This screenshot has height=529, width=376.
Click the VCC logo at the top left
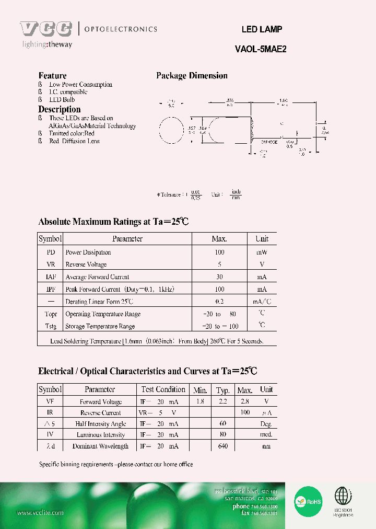(x=46, y=29)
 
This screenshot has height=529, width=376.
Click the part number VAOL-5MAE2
(x=261, y=50)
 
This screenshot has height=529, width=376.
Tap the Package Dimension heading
(x=192, y=76)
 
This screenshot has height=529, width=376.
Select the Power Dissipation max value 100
(x=219, y=252)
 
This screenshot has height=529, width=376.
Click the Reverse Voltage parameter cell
(x=86, y=265)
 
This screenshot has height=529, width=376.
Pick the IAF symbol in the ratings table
(x=50, y=277)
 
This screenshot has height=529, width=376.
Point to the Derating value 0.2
(x=219, y=302)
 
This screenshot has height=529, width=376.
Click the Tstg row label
(x=50, y=326)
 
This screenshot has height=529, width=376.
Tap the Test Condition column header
(x=163, y=389)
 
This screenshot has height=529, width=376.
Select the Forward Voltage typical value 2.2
(x=223, y=402)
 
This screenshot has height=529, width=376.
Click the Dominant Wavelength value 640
(x=223, y=446)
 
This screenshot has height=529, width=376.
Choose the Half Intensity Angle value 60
(x=223, y=424)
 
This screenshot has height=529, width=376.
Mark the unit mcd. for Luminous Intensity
(x=266, y=435)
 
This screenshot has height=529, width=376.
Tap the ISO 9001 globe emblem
(x=343, y=496)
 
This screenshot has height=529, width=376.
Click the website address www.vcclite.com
(x=40, y=513)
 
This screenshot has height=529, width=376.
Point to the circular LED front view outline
(x=170, y=130)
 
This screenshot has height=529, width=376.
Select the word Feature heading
(x=52, y=76)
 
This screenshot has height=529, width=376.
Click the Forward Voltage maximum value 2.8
(x=244, y=402)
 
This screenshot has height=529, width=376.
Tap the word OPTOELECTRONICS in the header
(x=120, y=29)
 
